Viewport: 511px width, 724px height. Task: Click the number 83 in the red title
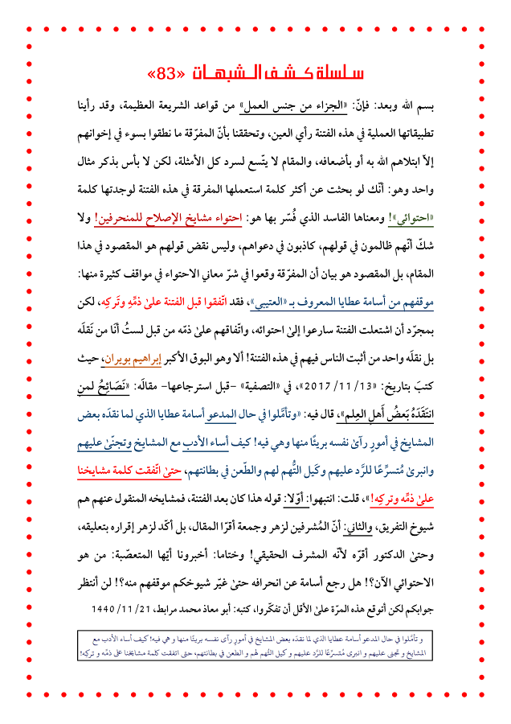[x=168, y=73]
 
